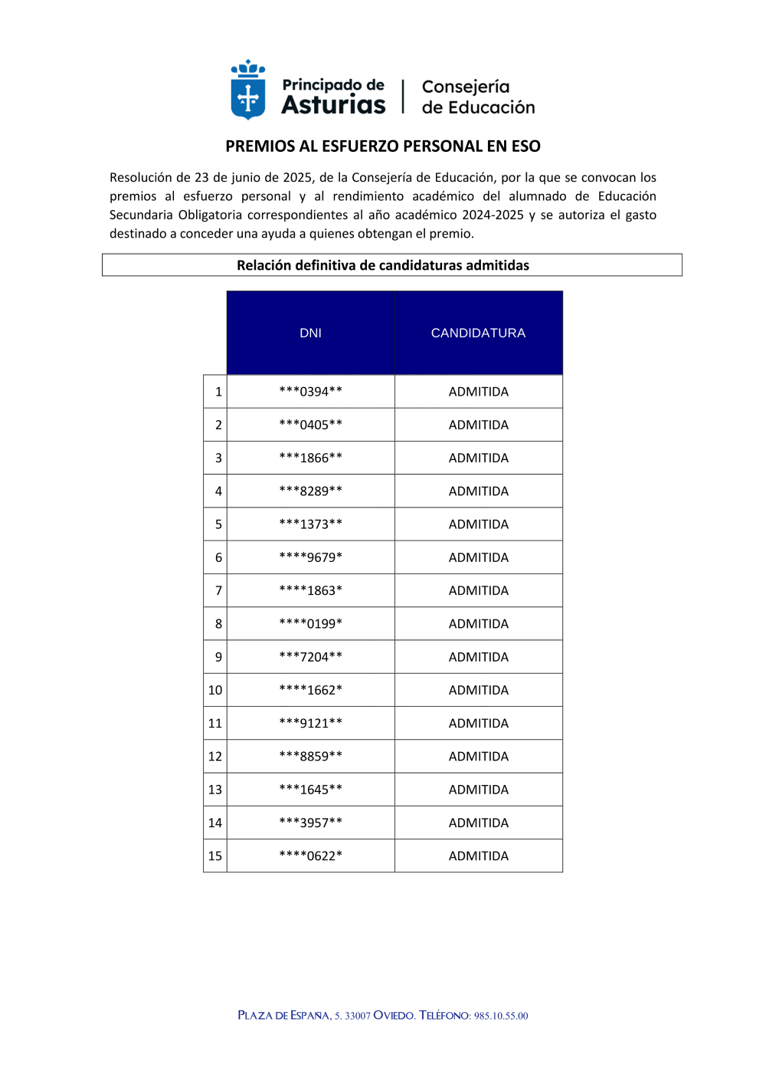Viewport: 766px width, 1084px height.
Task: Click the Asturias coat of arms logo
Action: tap(248, 90)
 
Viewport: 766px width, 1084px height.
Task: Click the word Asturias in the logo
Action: tap(333, 105)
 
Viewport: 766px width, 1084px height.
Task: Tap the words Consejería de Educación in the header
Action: tap(478, 97)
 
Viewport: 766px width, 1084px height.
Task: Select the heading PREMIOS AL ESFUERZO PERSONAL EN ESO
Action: tap(383, 146)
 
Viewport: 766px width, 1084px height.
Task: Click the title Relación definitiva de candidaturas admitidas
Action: tap(383, 265)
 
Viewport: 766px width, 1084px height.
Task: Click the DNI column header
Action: tap(310, 333)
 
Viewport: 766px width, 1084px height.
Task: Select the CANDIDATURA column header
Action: tap(478, 333)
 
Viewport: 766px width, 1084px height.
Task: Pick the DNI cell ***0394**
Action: tap(310, 392)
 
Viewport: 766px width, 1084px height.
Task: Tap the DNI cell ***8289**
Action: tap(310, 491)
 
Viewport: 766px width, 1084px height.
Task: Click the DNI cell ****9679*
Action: tap(310, 557)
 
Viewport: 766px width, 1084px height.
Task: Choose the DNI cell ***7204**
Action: tap(310, 657)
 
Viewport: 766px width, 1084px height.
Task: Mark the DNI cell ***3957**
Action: tap(310, 823)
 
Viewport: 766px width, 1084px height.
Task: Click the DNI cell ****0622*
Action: tap(310, 856)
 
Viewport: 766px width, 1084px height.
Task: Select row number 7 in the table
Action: tap(218, 591)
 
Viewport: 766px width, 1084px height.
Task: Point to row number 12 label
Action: tap(215, 757)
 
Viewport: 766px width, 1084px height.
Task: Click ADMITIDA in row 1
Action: tap(478, 392)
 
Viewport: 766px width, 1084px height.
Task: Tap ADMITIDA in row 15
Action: tap(478, 856)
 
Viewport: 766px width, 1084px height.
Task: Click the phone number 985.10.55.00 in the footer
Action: tap(501, 1016)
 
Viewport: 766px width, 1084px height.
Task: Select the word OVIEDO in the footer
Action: tap(394, 1016)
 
